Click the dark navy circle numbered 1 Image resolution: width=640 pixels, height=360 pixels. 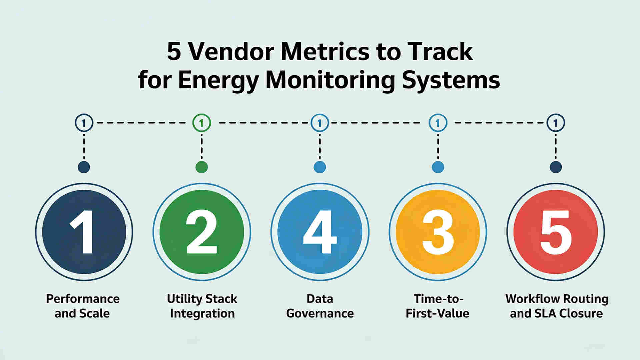(84, 232)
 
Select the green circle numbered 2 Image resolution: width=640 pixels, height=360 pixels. (202, 232)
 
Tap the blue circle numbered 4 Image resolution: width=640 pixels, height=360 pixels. (320, 232)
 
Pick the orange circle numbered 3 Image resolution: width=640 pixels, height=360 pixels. (438, 232)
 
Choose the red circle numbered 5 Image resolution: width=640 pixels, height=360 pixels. (556, 232)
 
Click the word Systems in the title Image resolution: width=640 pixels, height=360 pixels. (451, 80)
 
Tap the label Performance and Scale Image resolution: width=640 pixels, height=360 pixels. (83, 306)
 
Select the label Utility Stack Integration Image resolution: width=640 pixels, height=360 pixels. (202, 306)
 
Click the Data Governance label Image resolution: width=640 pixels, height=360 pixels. (320, 306)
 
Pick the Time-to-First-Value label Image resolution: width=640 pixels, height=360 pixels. (438, 306)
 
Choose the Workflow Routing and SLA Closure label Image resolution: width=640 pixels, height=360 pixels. (557, 306)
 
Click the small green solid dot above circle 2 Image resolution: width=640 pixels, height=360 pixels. (202, 167)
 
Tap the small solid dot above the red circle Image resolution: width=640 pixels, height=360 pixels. (556, 167)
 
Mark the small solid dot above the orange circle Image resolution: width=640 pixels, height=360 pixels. (438, 167)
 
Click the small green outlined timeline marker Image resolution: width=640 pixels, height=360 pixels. (202, 123)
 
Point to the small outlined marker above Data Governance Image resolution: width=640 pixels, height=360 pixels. (320, 123)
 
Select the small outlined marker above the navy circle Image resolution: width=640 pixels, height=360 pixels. (84, 123)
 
